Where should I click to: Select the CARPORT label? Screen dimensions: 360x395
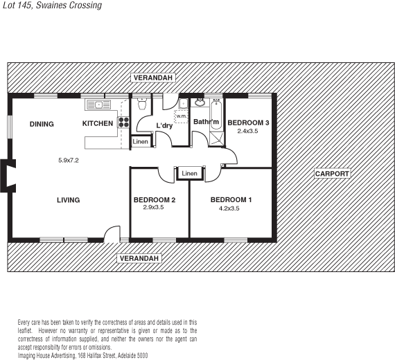tap(332, 173)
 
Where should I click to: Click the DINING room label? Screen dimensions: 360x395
tap(42, 124)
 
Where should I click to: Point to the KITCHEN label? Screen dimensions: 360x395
tap(98, 124)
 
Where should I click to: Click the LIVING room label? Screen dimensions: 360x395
tap(68, 200)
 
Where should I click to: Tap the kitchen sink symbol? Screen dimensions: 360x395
tap(99, 105)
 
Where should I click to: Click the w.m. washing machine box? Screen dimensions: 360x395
tap(181, 116)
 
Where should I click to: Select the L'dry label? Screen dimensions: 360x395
tap(164, 125)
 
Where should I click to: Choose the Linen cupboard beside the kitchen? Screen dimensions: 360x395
tap(139, 141)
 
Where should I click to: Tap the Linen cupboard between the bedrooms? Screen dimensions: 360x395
tap(189, 172)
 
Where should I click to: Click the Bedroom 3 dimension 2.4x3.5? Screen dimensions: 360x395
tap(247, 131)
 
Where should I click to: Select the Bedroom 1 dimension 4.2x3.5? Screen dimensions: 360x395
tap(229, 208)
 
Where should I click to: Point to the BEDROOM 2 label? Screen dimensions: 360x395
tap(153, 200)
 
